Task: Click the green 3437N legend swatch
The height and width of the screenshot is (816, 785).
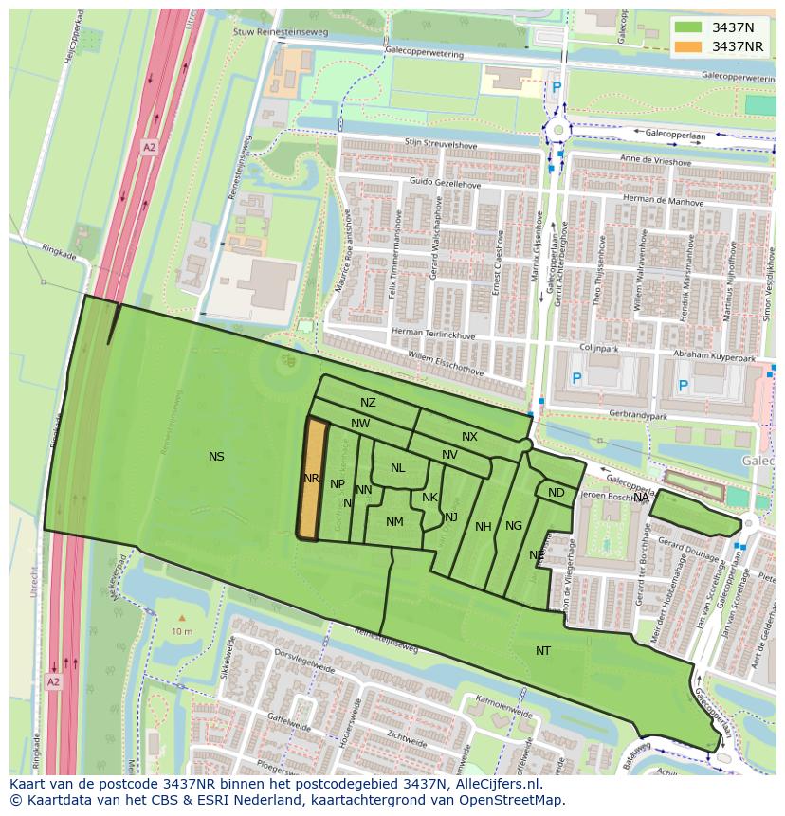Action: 688,27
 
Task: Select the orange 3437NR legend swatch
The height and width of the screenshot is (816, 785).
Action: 688,46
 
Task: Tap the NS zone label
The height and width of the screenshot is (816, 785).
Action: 216,457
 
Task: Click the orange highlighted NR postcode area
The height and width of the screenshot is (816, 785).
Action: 311,479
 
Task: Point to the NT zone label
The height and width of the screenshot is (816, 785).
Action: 543,650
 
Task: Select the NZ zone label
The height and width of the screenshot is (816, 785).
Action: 368,403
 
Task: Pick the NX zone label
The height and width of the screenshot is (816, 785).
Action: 469,437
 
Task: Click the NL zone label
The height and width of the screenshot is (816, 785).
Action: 397,468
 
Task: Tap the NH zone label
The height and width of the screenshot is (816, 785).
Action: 484,527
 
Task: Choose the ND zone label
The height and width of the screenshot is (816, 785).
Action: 557,493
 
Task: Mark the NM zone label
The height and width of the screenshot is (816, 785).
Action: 394,522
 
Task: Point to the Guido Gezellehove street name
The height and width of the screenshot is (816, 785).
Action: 445,182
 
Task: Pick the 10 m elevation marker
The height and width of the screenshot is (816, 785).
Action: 181,630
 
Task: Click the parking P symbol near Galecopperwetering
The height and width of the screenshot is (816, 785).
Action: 557,87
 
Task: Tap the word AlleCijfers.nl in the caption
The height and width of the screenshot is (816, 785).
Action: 496,785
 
